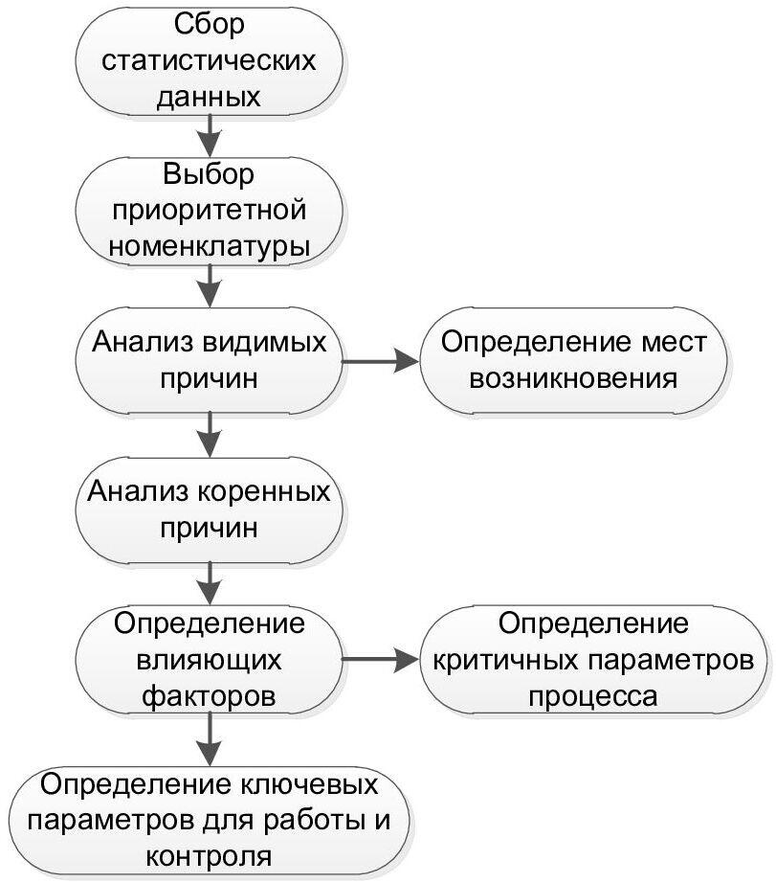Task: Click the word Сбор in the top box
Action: (x=210, y=25)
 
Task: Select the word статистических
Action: (x=209, y=60)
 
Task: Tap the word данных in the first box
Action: (x=209, y=97)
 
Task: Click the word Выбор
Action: (x=209, y=175)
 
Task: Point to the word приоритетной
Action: (x=210, y=212)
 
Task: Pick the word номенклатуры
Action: (x=210, y=248)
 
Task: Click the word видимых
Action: (x=264, y=343)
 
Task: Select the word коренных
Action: (x=263, y=492)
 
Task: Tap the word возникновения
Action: (x=573, y=379)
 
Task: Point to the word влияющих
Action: (x=209, y=661)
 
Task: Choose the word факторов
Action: (x=209, y=697)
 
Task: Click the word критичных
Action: (x=506, y=661)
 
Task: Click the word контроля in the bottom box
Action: (x=209, y=857)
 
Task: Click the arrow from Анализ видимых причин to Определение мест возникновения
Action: (x=382, y=361)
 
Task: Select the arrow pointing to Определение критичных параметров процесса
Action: (x=382, y=660)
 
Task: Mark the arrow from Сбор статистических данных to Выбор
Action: (x=210, y=135)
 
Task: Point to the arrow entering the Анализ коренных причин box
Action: (x=210, y=434)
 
